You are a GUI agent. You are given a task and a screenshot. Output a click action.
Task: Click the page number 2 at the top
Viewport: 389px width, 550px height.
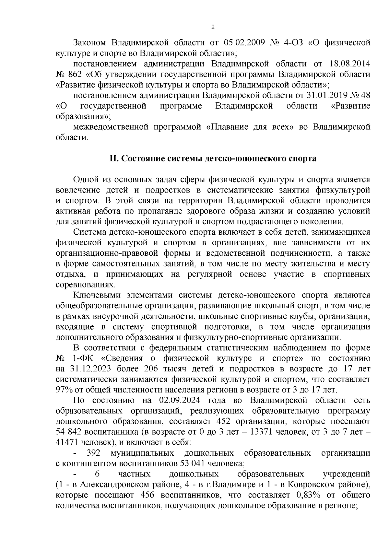pyautogui.click(x=213, y=27)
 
